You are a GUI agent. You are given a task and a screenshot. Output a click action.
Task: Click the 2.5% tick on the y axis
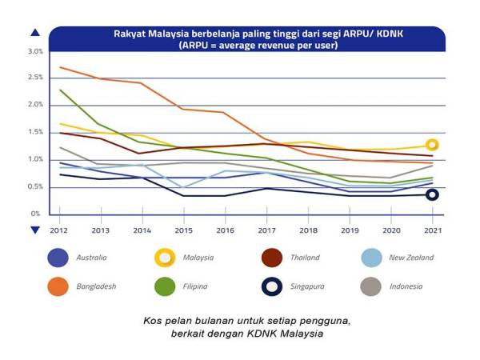pyautogui.click(x=34, y=78)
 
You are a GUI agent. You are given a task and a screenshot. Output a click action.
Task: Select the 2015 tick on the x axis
pyautogui.click(x=183, y=230)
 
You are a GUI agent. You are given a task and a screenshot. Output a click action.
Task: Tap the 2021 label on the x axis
pyautogui.click(x=433, y=230)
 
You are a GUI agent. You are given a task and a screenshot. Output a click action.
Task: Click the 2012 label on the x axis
pyautogui.click(x=58, y=230)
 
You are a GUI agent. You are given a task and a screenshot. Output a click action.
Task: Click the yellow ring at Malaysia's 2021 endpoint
pyautogui.click(x=433, y=146)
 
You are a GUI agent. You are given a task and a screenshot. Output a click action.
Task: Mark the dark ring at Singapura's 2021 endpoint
pyautogui.click(x=433, y=194)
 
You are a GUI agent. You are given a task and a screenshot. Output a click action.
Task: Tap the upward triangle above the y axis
pyautogui.click(x=34, y=33)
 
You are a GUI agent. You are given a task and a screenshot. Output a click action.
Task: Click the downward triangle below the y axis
pyautogui.click(x=34, y=230)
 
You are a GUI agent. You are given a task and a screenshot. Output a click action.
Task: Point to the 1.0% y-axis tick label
pyautogui.click(x=34, y=160)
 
